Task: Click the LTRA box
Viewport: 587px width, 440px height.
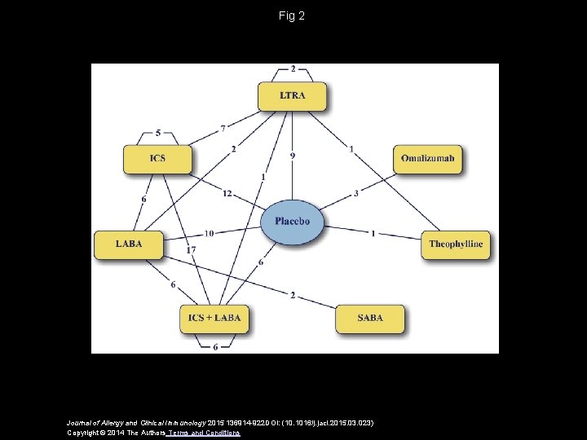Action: click(292, 96)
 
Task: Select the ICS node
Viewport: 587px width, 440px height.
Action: click(157, 158)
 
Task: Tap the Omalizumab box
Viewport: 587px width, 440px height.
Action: click(428, 158)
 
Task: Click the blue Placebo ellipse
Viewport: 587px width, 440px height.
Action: click(292, 221)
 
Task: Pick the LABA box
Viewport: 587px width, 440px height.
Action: click(129, 244)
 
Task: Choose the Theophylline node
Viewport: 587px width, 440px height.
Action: click(456, 244)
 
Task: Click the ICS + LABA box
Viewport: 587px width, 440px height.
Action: click(214, 318)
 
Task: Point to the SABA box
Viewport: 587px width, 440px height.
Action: click(369, 318)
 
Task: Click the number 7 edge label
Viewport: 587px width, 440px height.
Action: click(223, 129)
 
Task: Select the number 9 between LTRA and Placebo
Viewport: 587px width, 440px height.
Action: click(293, 156)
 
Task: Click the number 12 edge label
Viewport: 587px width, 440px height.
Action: click(227, 193)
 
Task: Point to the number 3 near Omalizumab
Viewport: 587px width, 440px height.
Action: click(356, 193)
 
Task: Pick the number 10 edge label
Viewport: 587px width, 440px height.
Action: click(210, 234)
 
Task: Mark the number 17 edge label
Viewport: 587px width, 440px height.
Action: click(191, 249)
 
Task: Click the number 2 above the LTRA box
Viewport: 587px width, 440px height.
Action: click(293, 69)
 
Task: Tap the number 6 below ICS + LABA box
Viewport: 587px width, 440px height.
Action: click(214, 347)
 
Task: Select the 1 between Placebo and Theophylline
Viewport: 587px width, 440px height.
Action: click(373, 234)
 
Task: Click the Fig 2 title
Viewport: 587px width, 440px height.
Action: click(291, 15)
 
